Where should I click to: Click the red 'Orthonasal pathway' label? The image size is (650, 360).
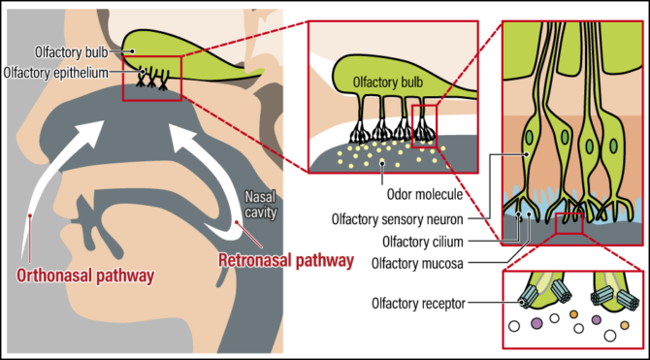[x=85, y=276]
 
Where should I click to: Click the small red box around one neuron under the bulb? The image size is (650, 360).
[x=425, y=126]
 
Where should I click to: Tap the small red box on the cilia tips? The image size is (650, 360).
[x=568, y=226]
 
